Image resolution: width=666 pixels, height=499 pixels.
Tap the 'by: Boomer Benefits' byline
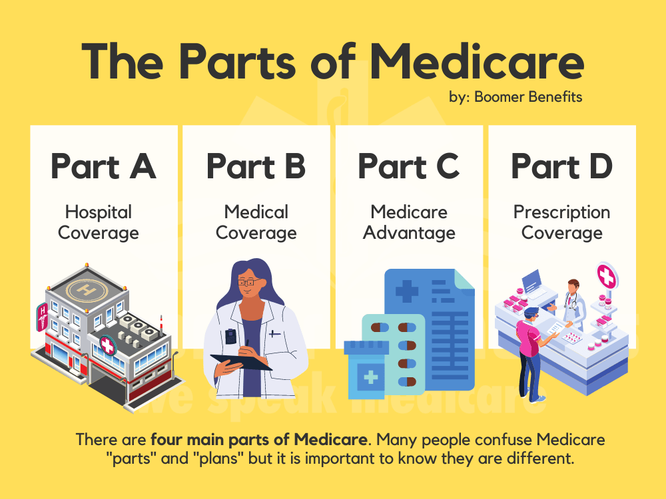(515, 97)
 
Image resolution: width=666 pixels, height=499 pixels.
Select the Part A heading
(103, 166)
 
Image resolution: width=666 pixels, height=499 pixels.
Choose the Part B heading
(256, 166)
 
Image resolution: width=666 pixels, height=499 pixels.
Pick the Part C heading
(409, 166)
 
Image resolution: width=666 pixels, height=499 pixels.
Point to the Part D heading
(561, 166)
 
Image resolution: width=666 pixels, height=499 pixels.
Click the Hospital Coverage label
(99, 222)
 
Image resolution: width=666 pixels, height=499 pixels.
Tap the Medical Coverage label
(256, 222)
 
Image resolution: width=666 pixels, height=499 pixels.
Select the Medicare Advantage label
(409, 222)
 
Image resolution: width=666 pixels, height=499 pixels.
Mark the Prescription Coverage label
(561, 222)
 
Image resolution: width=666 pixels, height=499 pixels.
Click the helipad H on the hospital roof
(85, 290)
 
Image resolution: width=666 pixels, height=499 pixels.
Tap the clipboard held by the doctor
(241, 362)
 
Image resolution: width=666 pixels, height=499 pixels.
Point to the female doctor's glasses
(247, 283)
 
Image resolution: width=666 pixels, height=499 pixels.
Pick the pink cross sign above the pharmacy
(606, 275)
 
